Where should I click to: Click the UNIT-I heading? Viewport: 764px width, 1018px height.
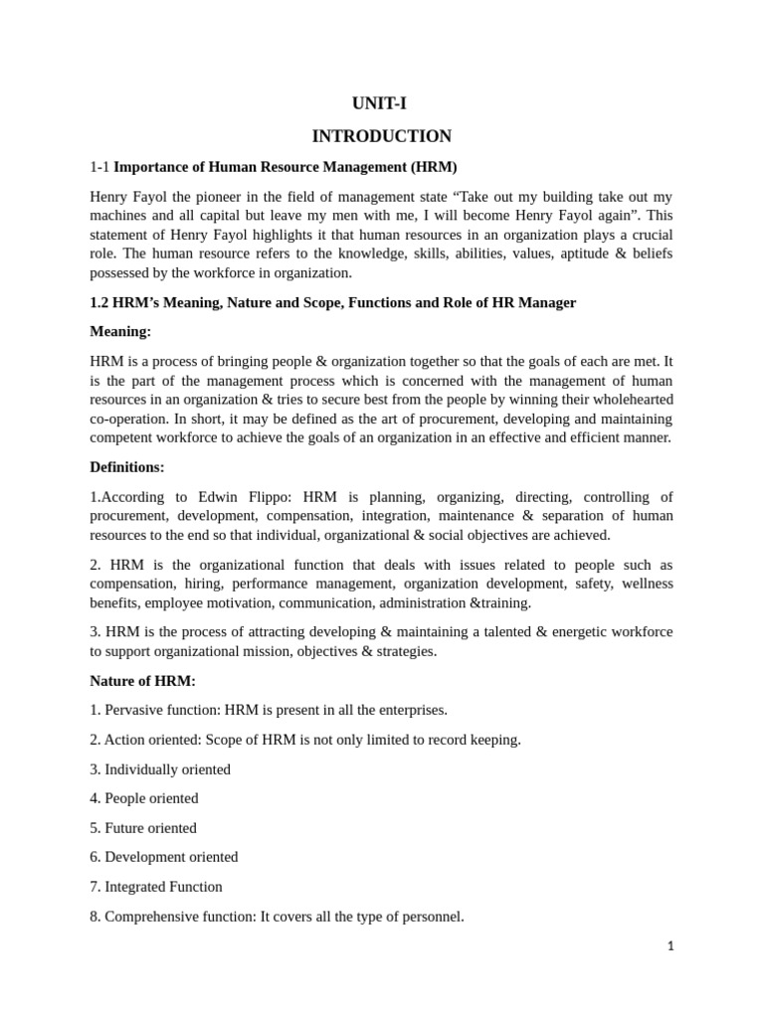[381, 103]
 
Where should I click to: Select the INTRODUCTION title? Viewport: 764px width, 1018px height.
[381, 136]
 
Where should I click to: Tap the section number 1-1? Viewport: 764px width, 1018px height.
[99, 166]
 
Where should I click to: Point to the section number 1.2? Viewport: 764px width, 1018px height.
[100, 302]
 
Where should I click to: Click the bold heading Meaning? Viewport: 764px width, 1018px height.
[120, 331]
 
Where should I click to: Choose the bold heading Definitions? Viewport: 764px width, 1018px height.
[127, 466]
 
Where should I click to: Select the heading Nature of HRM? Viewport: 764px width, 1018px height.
[142, 680]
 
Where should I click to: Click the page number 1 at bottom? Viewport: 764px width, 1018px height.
[670, 946]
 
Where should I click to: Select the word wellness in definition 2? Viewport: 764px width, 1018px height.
[646, 584]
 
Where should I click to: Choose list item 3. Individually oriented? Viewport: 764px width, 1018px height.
[160, 769]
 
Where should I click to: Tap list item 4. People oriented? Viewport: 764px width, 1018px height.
[144, 798]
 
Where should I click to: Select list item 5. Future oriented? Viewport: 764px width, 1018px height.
[143, 828]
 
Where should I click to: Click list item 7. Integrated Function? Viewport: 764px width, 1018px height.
[156, 887]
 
